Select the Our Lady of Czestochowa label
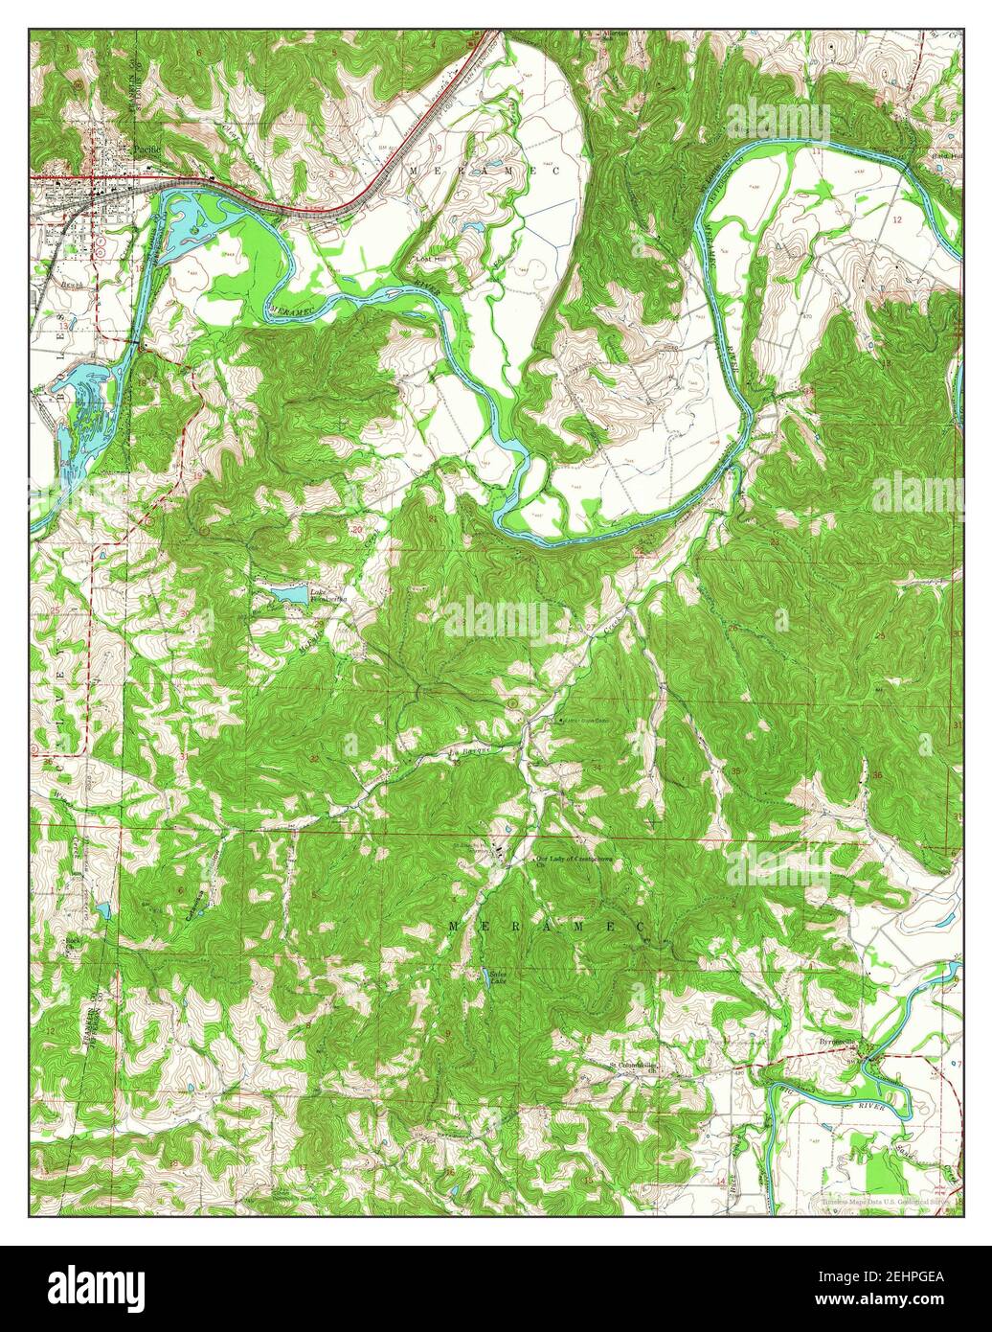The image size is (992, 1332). pos(573,860)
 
